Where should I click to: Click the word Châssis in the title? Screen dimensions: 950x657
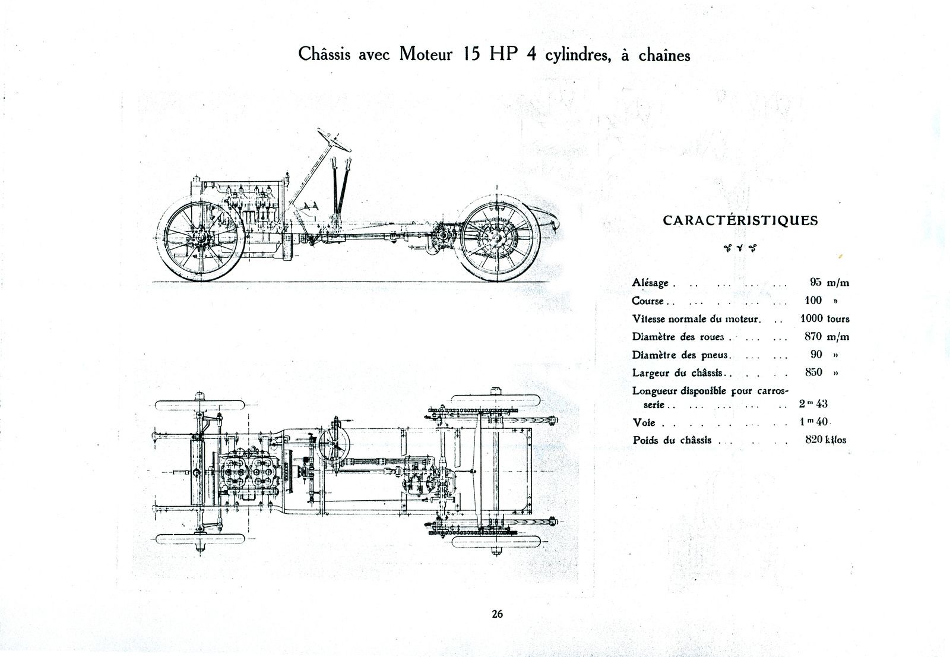324,55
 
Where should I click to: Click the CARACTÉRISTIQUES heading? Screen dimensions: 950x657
740,221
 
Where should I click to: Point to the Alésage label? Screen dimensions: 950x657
650,283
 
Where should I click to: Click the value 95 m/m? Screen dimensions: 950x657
829,283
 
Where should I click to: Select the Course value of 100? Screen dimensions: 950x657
813,301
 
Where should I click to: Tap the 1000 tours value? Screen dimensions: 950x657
825,319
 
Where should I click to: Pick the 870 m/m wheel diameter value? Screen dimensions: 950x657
826,337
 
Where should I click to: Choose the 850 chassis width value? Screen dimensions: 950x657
813,372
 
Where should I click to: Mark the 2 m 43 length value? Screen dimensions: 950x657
813,403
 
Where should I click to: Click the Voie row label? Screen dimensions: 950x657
644,423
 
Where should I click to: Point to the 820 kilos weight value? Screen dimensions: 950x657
825,440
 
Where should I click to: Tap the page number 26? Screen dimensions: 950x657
497,614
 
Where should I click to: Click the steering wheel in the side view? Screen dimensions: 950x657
334,140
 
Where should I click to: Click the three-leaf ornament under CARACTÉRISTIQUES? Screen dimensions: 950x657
740,248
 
